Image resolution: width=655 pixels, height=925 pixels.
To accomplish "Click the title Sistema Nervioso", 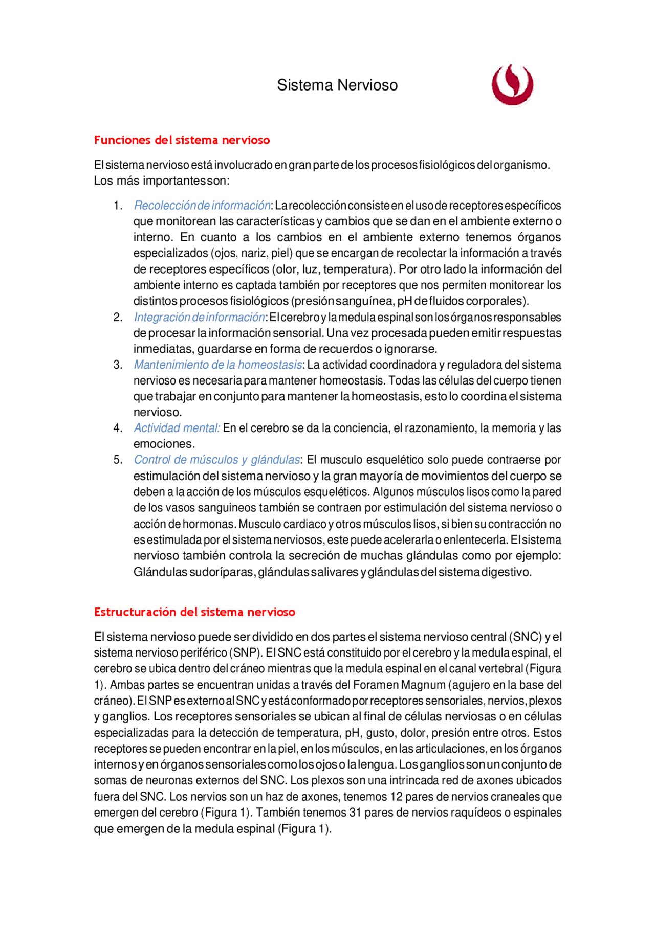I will pos(337,85).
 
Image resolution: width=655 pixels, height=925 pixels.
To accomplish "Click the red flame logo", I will pos(512,85).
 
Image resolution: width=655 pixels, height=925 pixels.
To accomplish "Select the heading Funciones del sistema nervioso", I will pos(182,140).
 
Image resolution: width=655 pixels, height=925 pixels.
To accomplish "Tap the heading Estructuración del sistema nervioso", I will pos(194,612).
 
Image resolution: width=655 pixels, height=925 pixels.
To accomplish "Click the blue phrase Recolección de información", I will pos(202,206).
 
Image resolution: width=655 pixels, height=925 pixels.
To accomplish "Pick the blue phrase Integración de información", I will pos(199,318).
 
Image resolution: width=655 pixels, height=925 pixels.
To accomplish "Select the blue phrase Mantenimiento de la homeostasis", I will pos(217,365).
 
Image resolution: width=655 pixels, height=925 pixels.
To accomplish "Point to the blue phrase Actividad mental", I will pos(177,428).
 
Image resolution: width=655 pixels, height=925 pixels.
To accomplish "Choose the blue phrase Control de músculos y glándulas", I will pos(216,460).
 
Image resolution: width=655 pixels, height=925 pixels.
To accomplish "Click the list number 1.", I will pos(118,206).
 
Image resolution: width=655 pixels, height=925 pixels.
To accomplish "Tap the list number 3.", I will pos(118,365).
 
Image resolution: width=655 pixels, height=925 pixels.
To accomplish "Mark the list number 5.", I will pos(118,460).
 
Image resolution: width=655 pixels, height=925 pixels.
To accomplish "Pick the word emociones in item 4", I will pos(164,444).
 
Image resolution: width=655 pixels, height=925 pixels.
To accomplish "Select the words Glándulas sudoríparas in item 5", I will pos(194,572).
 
